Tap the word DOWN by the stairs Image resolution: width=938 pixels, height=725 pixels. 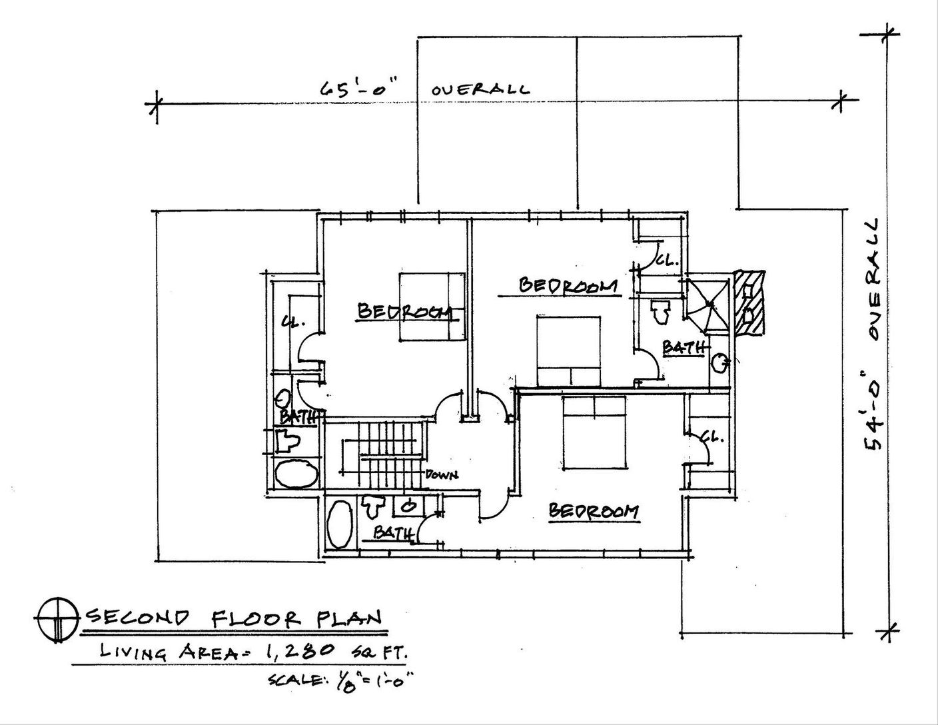pos(441,475)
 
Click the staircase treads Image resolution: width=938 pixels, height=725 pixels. pos(382,453)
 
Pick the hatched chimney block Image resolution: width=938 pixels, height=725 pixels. pos(750,303)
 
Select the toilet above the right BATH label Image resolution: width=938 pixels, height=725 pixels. pos(660,312)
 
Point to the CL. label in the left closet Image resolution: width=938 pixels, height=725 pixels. pos(293,322)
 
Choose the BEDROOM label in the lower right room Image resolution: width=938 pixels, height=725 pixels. pos(593,512)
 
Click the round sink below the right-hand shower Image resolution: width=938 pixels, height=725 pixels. pos(719,363)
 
